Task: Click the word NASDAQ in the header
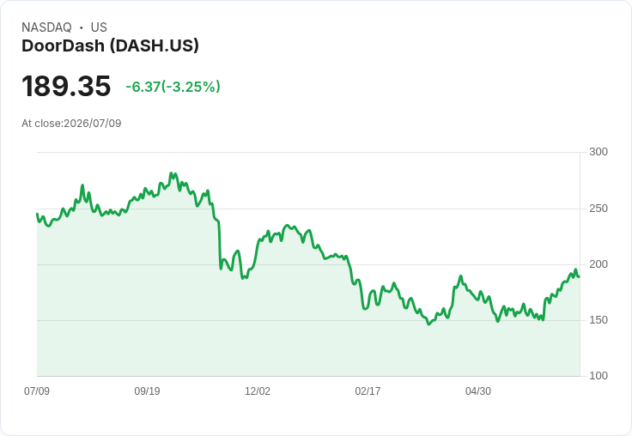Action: point(46,27)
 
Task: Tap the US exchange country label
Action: point(99,27)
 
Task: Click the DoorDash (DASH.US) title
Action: point(110,46)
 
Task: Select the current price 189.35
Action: point(66,86)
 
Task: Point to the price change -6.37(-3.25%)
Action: point(173,87)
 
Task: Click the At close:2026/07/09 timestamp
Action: point(71,124)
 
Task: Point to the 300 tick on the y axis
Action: point(599,152)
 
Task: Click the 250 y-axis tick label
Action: point(599,209)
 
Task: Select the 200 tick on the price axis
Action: point(599,264)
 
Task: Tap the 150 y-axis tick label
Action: point(599,320)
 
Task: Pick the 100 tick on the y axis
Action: point(599,376)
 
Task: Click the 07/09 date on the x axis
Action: point(37,391)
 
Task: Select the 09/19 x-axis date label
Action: point(147,391)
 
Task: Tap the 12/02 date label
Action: point(258,391)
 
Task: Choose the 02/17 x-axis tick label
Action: point(368,391)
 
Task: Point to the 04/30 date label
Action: point(478,391)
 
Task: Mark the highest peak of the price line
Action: point(171,173)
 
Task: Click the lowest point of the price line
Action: point(428,324)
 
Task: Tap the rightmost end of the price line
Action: point(579,276)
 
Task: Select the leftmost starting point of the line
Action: point(37,214)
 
